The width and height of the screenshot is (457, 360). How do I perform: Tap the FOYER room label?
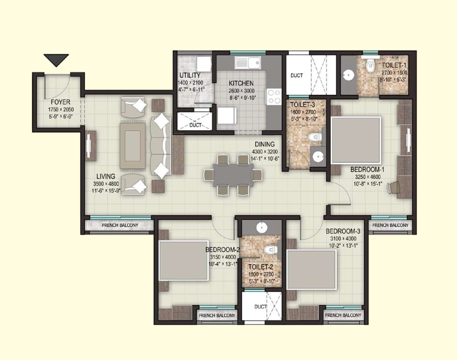pyautogui.click(x=61, y=102)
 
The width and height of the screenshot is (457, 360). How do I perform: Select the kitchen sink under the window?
pyautogui.click(x=248, y=63)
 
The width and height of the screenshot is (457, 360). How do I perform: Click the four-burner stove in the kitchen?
pyautogui.click(x=274, y=96)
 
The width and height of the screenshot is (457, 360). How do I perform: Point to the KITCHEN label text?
pyautogui.click(x=241, y=83)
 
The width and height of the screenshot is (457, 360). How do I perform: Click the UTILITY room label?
pyautogui.click(x=190, y=75)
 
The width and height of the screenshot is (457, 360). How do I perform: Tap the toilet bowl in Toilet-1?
pyautogui.click(x=370, y=65)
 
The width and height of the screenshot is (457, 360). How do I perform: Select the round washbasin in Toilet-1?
pyautogui.click(x=348, y=75)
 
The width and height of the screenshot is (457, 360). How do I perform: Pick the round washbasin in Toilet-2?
pyautogui.click(x=262, y=228)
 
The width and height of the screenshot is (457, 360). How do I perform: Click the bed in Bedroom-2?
pyautogui.click(x=183, y=260)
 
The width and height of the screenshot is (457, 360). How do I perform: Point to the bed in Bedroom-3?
pyautogui.click(x=311, y=270)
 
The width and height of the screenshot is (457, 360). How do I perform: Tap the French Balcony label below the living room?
pyautogui.click(x=120, y=225)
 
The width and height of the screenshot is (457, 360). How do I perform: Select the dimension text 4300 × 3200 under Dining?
pyautogui.click(x=265, y=152)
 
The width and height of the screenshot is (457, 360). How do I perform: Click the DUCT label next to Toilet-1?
pyautogui.click(x=296, y=76)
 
